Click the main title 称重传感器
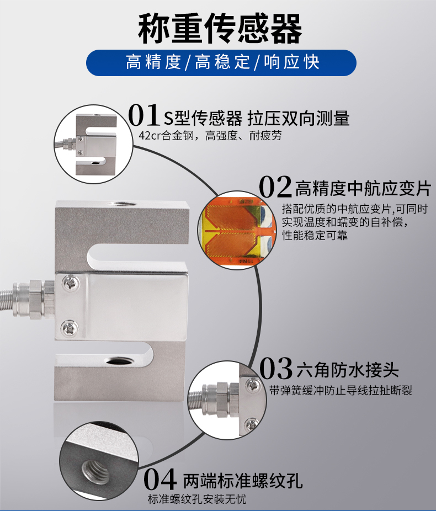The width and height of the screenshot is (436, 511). tap(220, 29)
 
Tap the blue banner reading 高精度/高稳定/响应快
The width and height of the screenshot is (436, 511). tap(221, 62)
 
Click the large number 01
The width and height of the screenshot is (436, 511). tap(144, 115)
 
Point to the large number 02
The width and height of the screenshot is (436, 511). tap(275, 187)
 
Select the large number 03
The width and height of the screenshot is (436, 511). tap(276, 368)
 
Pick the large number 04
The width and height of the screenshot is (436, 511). tap(160, 479)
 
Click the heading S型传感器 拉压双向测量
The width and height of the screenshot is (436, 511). tap(256, 118)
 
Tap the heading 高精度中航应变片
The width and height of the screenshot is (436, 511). tap(363, 188)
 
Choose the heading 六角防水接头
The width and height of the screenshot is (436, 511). tap(347, 370)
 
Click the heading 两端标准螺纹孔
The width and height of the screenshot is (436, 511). tap(243, 481)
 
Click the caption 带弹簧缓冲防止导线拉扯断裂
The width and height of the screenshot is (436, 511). tap(341, 390)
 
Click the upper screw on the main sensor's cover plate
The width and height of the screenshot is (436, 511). tap(71, 283)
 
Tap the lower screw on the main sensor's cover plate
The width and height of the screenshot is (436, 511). tap(70, 328)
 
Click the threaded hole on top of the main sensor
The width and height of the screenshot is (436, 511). tap(123, 204)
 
